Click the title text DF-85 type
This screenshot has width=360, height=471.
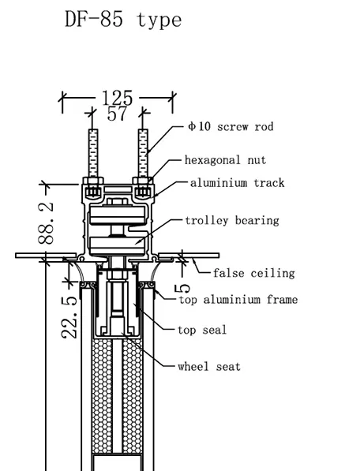123,20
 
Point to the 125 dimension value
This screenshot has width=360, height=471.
117,98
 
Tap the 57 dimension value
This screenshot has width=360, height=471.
117,114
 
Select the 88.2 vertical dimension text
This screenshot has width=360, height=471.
46,222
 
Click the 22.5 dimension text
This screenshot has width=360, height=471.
69,317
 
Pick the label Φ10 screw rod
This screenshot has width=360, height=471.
231,127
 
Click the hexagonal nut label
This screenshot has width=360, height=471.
225,160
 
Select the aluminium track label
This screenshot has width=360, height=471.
238,183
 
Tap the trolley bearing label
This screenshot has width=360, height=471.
232,221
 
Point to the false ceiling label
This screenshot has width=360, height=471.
254,273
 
